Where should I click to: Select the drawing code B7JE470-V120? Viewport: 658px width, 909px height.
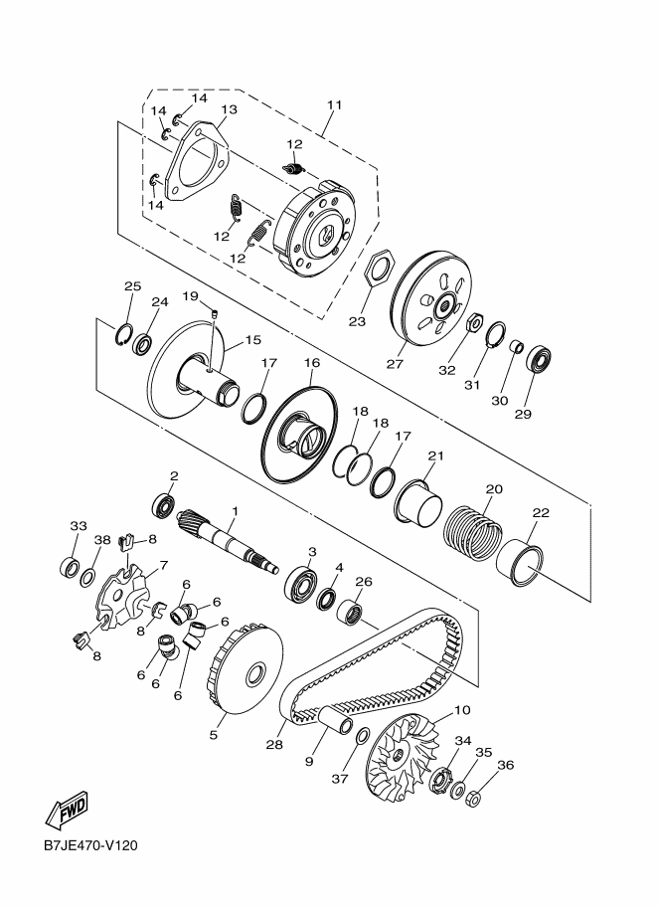click(89, 845)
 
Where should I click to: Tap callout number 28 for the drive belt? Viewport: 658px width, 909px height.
click(274, 744)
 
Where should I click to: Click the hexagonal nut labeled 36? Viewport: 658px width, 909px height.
click(473, 799)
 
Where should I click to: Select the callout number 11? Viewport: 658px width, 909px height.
click(334, 105)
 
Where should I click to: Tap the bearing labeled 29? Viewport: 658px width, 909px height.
click(539, 358)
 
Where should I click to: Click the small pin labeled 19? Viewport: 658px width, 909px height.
click(214, 313)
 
